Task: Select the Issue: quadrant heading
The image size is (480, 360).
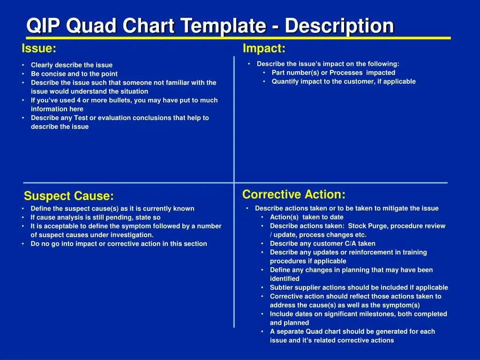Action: click(39, 48)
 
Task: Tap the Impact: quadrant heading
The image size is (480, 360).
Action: click(264, 48)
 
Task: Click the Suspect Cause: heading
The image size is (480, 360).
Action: click(69, 196)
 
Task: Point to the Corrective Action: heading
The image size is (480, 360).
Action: click(294, 194)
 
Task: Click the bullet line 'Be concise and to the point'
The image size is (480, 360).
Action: click(74, 74)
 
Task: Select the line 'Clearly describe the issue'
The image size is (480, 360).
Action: click(72, 65)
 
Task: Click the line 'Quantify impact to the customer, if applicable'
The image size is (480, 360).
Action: click(344, 82)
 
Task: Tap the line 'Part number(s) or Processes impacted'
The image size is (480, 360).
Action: click(333, 73)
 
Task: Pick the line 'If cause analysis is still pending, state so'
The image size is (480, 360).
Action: click(96, 217)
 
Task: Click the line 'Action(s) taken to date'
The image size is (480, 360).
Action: click(307, 217)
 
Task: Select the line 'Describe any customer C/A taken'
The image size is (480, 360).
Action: click(322, 243)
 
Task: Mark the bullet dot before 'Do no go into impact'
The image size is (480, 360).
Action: click(23, 244)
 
